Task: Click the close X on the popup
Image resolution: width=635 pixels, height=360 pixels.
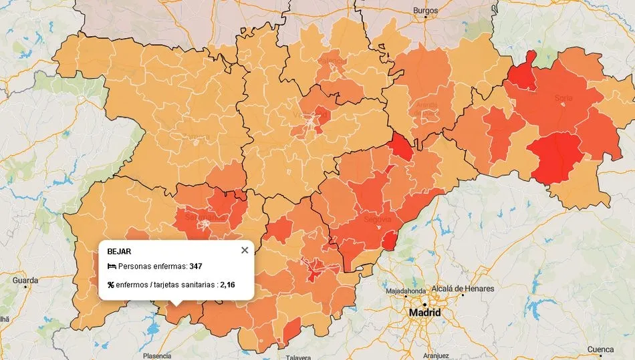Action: [x=245, y=250]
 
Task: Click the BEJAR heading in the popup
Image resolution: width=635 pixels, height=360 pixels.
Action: [x=119, y=252]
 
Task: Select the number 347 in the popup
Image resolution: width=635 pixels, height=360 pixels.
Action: [x=195, y=266]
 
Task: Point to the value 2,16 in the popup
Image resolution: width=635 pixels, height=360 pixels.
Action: [x=228, y=285]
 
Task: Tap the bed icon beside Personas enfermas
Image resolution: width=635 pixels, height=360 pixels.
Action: [x=112, y=266]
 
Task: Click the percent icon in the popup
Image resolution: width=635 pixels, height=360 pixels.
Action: [x=110, y=285]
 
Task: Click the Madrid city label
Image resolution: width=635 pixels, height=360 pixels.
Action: [x=425, y=313]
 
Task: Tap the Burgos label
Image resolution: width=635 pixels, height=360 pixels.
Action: [x=425, y=11]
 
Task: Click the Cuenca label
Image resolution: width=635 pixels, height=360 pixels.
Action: [x=600, y=349]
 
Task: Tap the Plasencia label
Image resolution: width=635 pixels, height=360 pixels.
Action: [x=158, y=355]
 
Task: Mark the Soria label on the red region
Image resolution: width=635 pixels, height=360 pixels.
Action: [x=563, y=98]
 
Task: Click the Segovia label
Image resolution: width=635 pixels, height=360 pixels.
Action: [x=377, y=218]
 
